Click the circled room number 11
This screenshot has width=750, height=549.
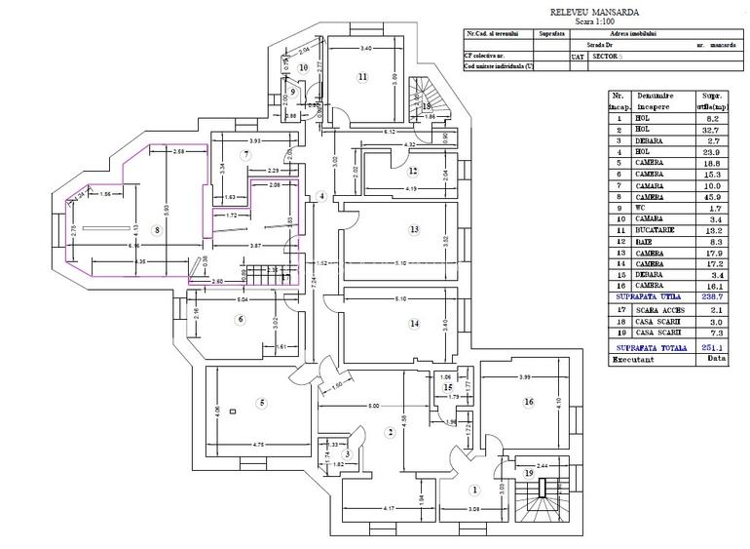click(x=361, y=76)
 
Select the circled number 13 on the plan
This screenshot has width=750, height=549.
click(x=414, y=230)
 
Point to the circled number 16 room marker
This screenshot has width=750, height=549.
click(x=529, y=402)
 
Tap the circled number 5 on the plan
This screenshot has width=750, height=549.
click(x=261, y=403)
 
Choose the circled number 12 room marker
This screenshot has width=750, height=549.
click(x=413, y=171)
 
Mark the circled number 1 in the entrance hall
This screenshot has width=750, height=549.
click(x=475, y=490)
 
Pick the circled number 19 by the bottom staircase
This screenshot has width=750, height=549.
click(x=529, y=473)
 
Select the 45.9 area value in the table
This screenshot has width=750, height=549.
click(x=710, y=196)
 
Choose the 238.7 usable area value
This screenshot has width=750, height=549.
click(x=710, y=295)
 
